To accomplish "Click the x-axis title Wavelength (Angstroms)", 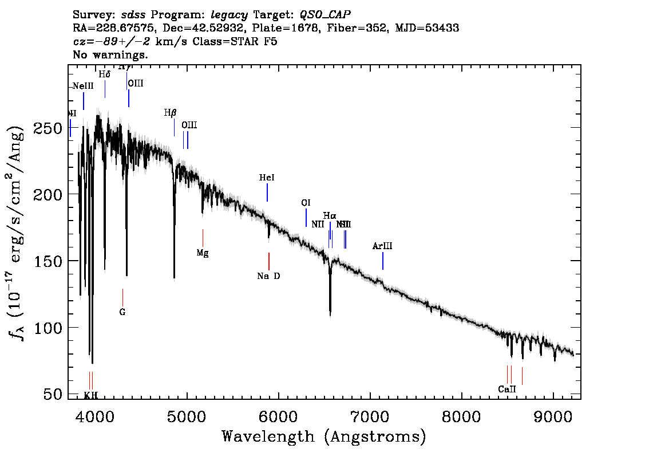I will point(324,437).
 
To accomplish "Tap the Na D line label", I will point(268,276).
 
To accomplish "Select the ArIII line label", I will point(382,246).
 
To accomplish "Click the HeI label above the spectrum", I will point(267,178).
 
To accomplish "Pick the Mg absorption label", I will point(203,253).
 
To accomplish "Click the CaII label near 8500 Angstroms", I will point(507,389).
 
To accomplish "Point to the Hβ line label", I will point(170,113).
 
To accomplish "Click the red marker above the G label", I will point(122,297).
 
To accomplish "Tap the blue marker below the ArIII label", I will point(382,261).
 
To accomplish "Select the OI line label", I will point(306,203).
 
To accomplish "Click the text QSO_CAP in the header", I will point(325,14).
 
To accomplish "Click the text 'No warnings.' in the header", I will point(111,55).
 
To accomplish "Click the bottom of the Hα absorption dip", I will point(330,313).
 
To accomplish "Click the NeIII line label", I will point(83,86).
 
